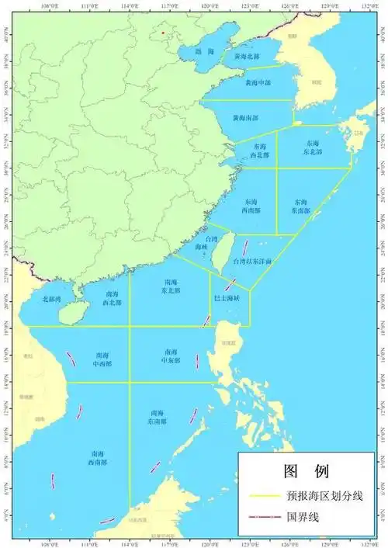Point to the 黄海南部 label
(x=245, y=118)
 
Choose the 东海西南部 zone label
(x=246, y=205)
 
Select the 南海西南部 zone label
(x=98, y=457)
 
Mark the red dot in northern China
(x=162, y=33)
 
